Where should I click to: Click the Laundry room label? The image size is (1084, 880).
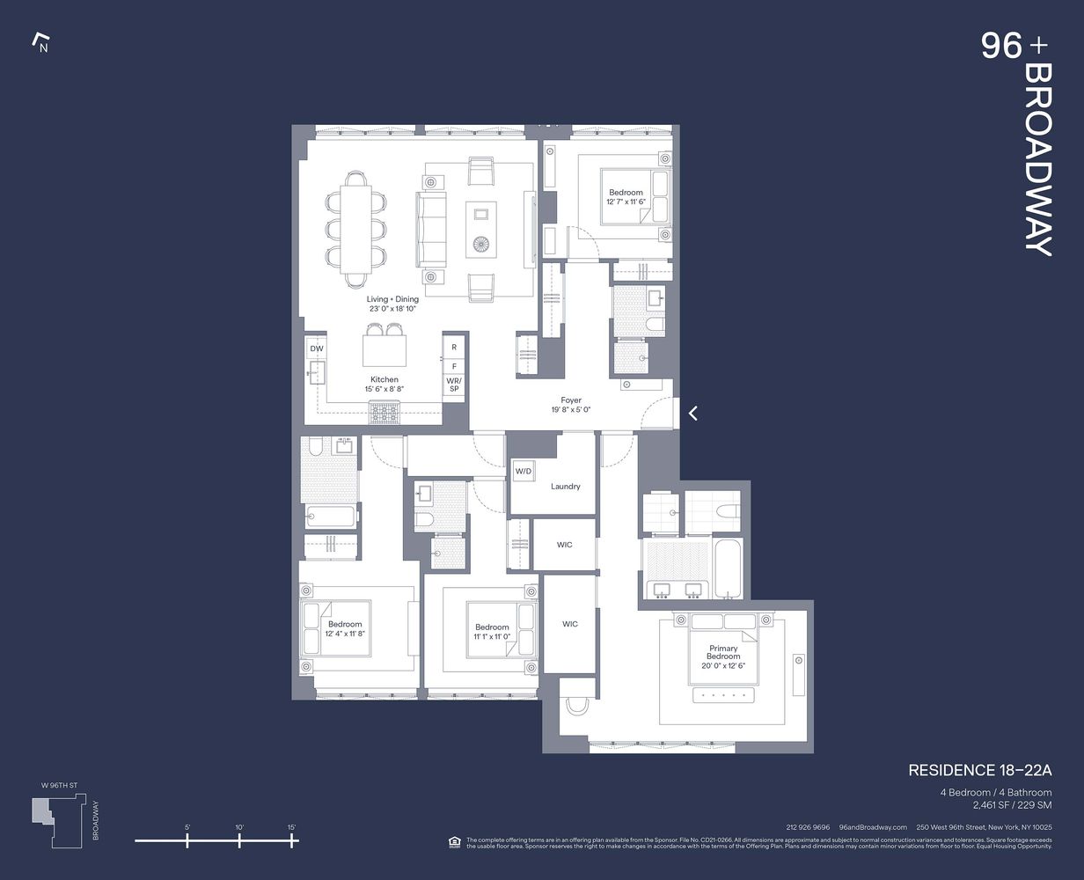tap(565, 487)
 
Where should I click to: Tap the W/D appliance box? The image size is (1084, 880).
tap(524, 472)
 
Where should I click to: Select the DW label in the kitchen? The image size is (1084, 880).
tap(317, 349)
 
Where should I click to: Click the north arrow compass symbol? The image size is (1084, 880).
tap(40, 42)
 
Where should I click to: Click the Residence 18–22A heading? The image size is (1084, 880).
tap(979, 771)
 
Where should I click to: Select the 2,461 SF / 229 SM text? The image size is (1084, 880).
tap(1011, 804)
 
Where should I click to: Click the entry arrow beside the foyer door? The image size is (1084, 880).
tap(693, 412)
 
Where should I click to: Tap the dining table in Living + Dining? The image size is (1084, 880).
tap(356, 229)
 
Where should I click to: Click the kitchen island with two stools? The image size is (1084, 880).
tap(385, 351)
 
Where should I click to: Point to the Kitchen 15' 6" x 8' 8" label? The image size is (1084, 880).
tap(384, 385)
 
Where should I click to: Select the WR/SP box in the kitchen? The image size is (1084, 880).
tap(454, 384)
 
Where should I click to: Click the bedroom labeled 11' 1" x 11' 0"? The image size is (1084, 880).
tap(492, 631)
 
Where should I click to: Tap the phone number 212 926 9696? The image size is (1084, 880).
tap(808, 827)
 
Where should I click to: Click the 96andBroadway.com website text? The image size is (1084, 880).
tap(873, 827)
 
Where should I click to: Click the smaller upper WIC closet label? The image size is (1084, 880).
tap(565, 545)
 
